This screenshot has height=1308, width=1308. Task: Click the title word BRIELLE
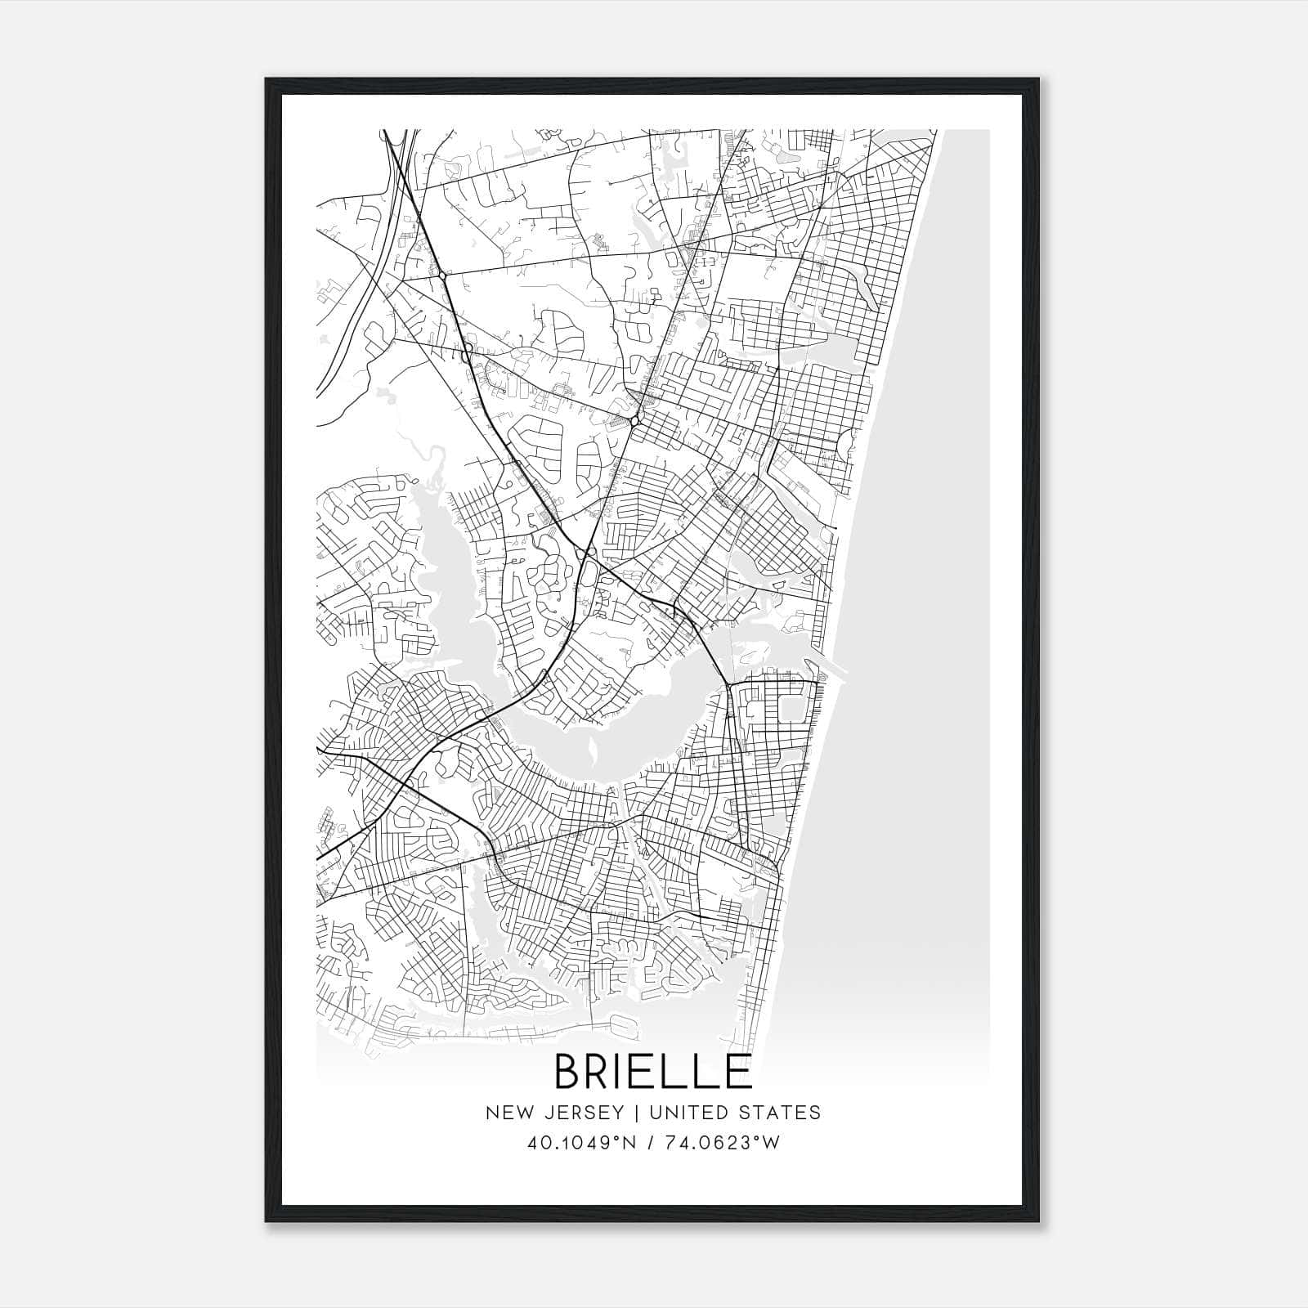(x=653, y=1071)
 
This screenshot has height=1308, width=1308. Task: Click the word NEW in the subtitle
(x=506, y=1113)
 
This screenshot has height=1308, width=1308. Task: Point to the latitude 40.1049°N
(x=581, y=1143)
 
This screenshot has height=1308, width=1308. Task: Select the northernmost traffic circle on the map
(x=442, y=276)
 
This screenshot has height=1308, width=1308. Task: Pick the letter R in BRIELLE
(x=602, y=1071)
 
